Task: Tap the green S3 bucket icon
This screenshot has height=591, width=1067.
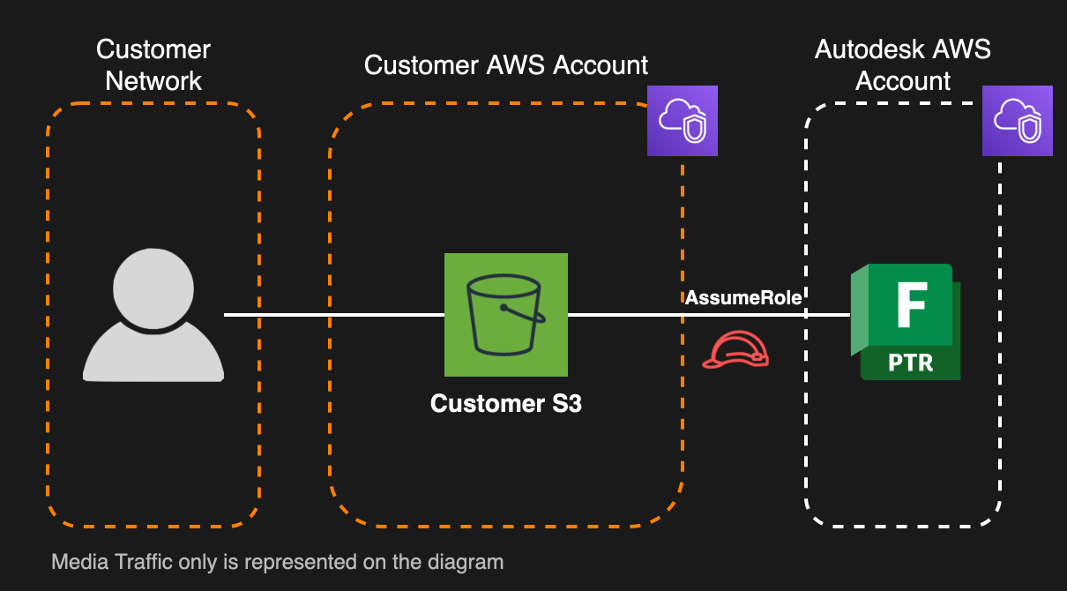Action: tap(505, 315)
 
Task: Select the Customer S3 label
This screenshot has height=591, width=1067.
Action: tap(505, 404)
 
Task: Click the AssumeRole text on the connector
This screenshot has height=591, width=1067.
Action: tap(743, 297)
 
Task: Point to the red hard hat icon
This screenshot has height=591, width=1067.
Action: tap(735, 350)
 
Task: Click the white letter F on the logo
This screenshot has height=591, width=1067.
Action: tap(910, 305)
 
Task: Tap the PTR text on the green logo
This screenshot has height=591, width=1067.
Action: tap(910, 362)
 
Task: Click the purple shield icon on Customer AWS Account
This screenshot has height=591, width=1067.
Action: tap(683, 121)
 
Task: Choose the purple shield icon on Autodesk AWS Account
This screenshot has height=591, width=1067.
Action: tap(1018, 121)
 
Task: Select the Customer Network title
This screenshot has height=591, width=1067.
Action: tap(153, 65)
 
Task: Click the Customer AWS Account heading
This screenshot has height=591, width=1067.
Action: tap(506, 65)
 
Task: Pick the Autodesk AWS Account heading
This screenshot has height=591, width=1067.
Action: tap(903, 65)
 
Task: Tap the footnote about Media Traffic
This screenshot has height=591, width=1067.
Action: tap(277, 562)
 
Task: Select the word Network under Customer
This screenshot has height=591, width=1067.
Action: tap(153, 81)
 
